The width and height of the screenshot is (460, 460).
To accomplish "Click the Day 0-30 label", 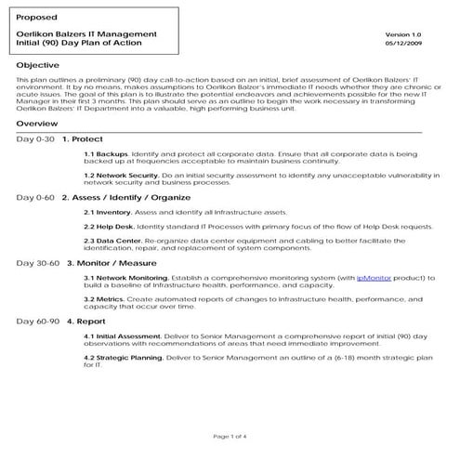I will [x=36, y=138].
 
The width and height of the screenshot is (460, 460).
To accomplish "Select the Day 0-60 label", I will [x=36, y=198].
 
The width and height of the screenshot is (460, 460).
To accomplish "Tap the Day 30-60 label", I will [x=39, y=263].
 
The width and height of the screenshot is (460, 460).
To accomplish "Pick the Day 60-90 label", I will [x=39, y=321].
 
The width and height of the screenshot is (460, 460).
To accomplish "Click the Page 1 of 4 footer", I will [x=230, y=436].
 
